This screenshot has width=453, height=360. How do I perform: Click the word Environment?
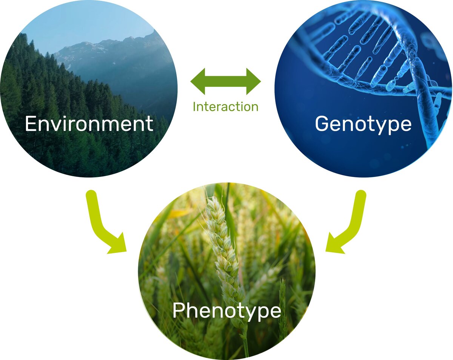(89, 124)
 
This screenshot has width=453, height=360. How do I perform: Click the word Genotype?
(363, 124)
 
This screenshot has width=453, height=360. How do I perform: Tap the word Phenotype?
(226, 311)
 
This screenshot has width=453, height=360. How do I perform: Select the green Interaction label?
(225, 107)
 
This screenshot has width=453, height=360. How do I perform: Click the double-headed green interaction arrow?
(225, 81)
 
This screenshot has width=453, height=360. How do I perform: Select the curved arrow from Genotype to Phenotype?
(351, 223)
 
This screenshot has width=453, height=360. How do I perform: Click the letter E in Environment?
(30, 124)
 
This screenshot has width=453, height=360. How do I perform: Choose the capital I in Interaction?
(195, 107)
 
